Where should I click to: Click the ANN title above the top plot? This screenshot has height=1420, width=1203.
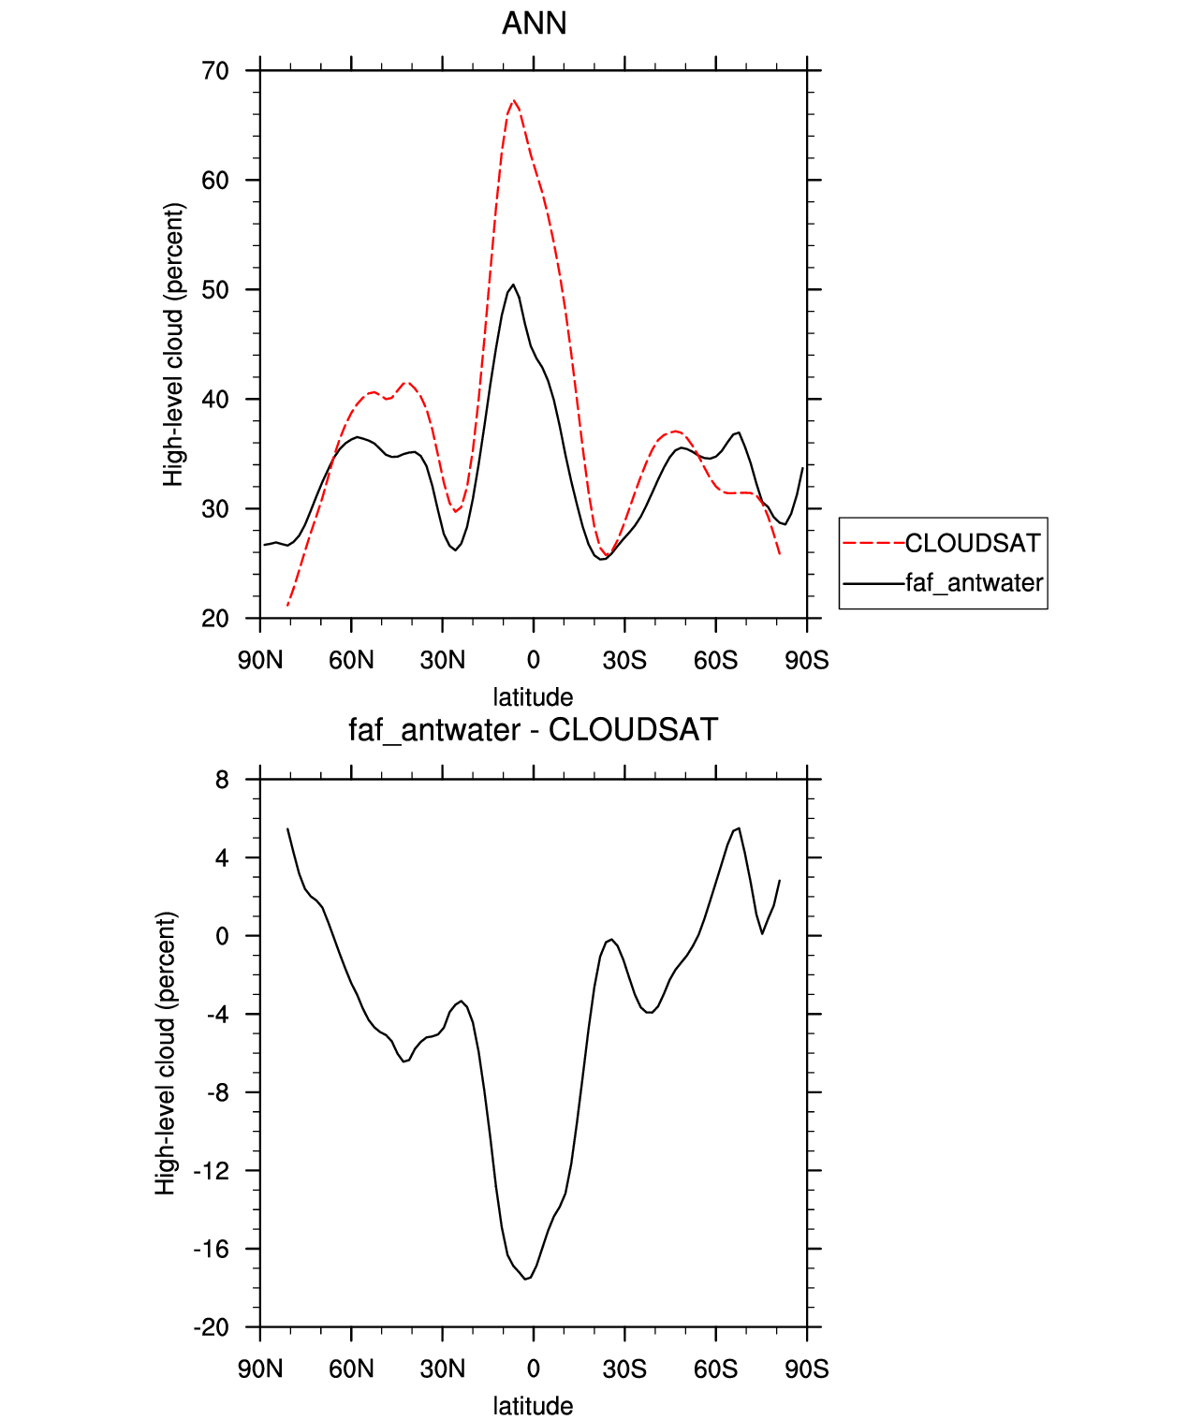(534, 23)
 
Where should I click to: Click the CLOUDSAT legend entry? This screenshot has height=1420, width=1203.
(973, 544)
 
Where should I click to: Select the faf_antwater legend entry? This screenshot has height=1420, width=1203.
(975, 582)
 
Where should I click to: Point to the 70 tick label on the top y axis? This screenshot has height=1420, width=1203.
(215, 70)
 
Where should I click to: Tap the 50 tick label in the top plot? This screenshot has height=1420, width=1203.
(215, 289)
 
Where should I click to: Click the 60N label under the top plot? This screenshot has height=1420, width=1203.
(351, 660)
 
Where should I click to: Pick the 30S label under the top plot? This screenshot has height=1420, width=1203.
(624, 660)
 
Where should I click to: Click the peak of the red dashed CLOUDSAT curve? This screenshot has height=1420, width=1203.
(513, 100)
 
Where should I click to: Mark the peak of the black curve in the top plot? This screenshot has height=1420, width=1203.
(513, 285)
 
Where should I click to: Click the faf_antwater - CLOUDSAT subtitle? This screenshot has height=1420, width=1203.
(533, 729)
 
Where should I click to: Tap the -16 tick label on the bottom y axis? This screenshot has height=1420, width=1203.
(211, 1249)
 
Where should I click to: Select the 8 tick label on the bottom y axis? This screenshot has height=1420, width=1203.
(222, 780)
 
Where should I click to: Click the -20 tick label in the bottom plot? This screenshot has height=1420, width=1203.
(211, 1327)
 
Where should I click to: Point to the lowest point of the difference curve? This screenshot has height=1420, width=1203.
(525, 1279)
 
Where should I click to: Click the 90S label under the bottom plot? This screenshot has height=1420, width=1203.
(807, 1369)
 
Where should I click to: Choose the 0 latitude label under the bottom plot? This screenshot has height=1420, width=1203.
(533, 1369)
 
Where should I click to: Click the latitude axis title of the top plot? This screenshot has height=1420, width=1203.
(533, 696)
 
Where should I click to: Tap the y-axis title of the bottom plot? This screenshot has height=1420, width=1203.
(166, 1053)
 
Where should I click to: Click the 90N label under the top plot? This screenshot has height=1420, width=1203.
(260, 660)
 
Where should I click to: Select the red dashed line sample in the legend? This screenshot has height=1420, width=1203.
(873, 544)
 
